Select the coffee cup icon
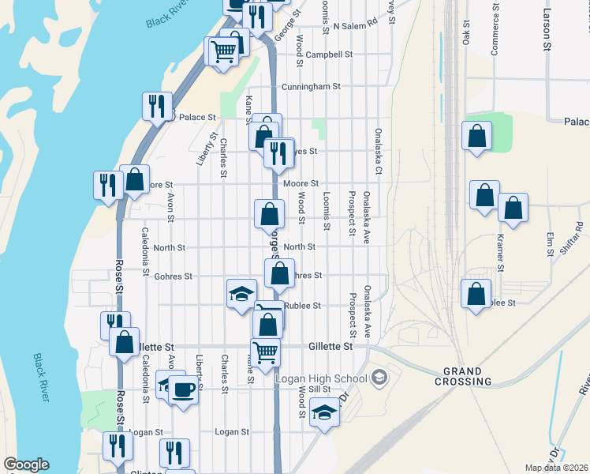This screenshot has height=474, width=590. tap(184, 389)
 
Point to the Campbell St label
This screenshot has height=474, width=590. tap(329, 55)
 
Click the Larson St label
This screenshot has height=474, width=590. tap(546, 32)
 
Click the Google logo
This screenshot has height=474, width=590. tap(26, 465)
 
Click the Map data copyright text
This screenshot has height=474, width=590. tap(557, 468)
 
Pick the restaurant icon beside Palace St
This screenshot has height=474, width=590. tap(156, 106)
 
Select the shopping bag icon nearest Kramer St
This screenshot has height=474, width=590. tap(513, 209)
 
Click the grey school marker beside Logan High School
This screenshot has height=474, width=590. tap(379, 378)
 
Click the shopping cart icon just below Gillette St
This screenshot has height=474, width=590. tap(266, 352)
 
